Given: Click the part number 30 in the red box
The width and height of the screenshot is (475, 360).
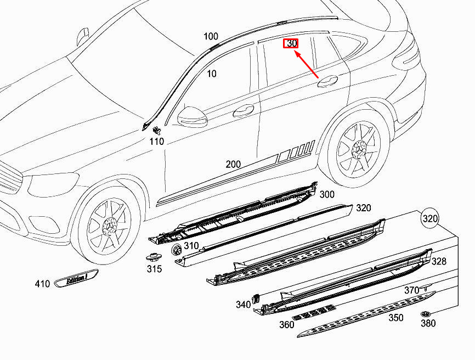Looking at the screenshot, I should point(291,43).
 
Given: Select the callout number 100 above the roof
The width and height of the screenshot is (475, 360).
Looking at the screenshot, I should point(211,36).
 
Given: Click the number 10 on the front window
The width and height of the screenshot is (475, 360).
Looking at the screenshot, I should point(212,74).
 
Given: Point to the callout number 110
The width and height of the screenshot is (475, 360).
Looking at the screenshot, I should point(157,142).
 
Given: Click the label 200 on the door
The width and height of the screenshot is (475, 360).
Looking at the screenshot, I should point(233,164).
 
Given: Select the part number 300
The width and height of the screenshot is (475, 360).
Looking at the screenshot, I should point(327,194).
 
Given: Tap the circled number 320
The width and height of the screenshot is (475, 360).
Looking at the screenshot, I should point(430,219).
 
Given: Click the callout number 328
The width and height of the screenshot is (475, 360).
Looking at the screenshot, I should point(439,261).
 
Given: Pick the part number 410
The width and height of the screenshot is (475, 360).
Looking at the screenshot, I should point(42,284).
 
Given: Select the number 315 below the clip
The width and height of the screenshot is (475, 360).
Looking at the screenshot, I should point(154,269).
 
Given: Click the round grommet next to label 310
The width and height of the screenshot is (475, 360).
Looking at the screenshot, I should point(177,250).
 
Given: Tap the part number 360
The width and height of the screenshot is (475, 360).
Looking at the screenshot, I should point(286,324).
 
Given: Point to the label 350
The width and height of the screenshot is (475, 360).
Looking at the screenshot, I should point(395,318).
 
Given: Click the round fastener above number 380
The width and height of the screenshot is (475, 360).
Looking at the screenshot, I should point(426,313).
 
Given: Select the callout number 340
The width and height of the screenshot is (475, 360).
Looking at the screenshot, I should point(243,305).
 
